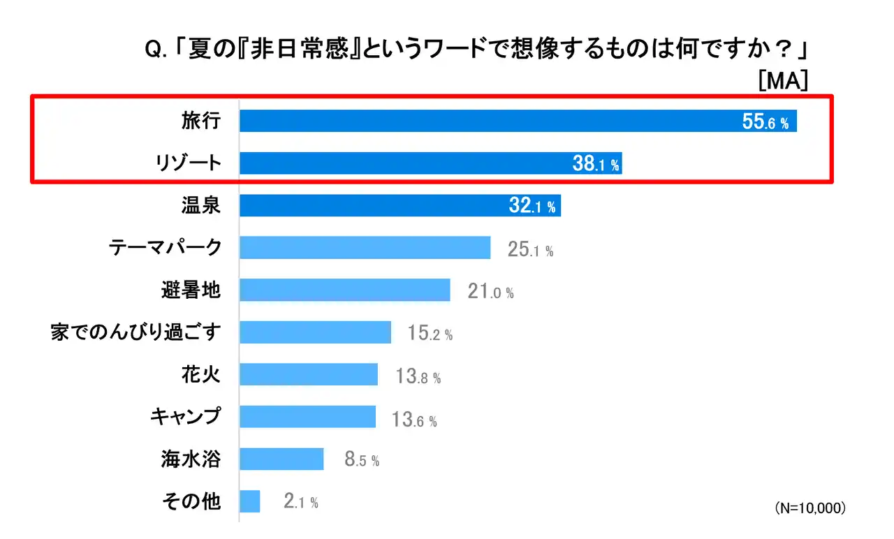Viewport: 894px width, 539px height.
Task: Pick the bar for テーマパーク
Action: coord(365,247)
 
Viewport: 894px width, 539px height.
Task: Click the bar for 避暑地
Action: coord(344,290)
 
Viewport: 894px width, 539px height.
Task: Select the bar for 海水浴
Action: coord(281,459)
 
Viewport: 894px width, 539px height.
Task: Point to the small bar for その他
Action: coord(249,501)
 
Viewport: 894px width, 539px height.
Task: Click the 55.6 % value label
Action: coord(765,123)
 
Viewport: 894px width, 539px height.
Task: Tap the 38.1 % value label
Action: coord(595,165)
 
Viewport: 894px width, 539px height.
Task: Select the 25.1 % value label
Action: coord(530,250)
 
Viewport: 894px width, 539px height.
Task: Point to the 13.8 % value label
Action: coord(418,377)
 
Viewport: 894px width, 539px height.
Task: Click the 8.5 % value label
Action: coord(362,460)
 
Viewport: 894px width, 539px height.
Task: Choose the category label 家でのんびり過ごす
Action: coord(136,331)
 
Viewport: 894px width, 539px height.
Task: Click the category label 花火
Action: coord(201,374)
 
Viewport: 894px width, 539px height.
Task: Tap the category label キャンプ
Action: coord(186,417)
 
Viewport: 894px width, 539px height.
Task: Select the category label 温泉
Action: coord(201,205)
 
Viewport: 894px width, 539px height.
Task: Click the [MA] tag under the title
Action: coord(783,81)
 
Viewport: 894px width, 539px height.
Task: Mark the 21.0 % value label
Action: coord(490,292)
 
